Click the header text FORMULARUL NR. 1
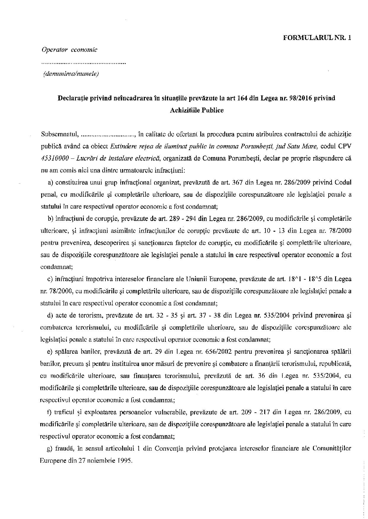(x=317, y=38)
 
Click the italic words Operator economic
(x=69, y=50)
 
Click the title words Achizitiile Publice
(x=197, y=110)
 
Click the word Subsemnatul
(x=59, y=134)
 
